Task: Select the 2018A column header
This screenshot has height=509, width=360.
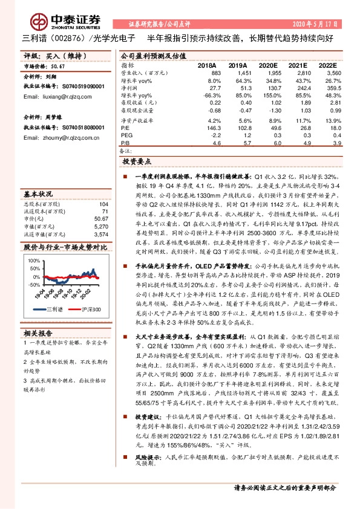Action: pos(207,65)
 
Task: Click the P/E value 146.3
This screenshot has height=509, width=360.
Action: pos(212,128)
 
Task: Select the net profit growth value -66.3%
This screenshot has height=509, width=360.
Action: pos(211,96)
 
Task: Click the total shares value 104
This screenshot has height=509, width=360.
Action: pos(103,204)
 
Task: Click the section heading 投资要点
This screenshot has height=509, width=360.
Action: pos(136,163)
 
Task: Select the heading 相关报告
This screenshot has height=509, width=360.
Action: pos(38,333)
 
